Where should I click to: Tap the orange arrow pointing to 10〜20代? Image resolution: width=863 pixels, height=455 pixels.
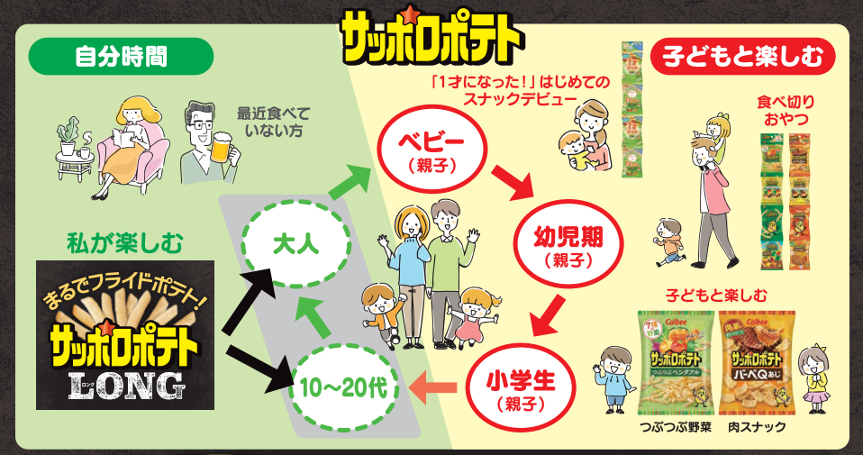pos(432,388)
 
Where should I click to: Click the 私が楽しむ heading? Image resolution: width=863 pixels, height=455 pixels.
pos(125,243)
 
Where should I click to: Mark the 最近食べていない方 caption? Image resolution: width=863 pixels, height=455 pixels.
pos(273,123)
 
